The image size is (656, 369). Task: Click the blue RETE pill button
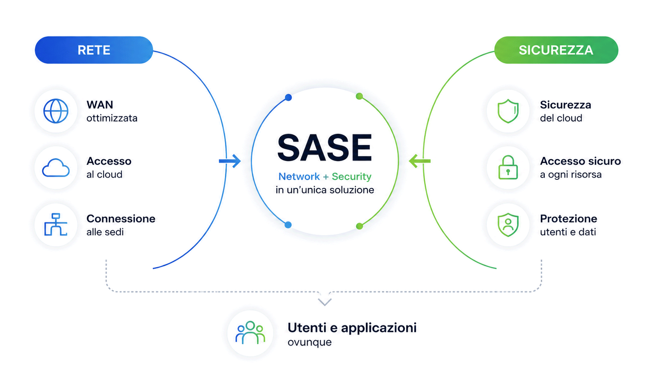(x=94, y=50)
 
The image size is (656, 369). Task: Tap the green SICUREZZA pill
(x=556, y=50)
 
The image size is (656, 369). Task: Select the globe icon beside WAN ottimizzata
(x=56, y=111)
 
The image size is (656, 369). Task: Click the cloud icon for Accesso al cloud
(x=56, y=168)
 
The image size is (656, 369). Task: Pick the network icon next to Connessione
(x=56, y=225)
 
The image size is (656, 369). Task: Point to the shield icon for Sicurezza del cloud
(x=508, y=111)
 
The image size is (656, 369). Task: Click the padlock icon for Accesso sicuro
(x=508, y=167)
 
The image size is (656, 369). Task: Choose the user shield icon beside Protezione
(x=508, y=225)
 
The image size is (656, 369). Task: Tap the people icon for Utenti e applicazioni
(x=250, y=333)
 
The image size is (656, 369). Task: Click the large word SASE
(x=324, y=147)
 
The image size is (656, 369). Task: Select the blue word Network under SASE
(x=299, y=176)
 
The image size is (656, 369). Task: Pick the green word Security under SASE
(x=351, y=177)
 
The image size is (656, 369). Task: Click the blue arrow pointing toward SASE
(x=230, y=161)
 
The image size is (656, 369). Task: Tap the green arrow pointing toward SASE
(x=420, y=161)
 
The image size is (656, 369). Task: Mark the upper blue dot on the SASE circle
(x=288, y=98)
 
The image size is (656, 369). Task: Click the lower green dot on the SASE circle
(x=359, y=226)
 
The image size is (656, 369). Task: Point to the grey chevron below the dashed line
(x=324, y=302)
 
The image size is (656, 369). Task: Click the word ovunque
(x=309, y=342)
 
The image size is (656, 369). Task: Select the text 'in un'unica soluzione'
(x=325, y=190)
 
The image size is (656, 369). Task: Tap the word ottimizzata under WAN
(x=112, y=118)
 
